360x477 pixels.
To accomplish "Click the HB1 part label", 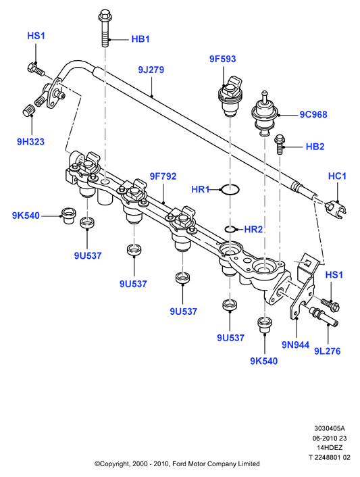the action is click(140, 39).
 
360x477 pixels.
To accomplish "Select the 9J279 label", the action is click(151, 70).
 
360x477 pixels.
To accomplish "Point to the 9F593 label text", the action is click(223, 59).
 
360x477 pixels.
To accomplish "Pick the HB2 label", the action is click(315, 147).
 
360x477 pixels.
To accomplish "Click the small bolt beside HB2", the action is click(279, 145).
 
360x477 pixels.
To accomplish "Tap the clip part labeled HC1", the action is click(336, 209).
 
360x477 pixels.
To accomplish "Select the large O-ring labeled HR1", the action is click(230, 189).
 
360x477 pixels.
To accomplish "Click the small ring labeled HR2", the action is click(230, 229).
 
